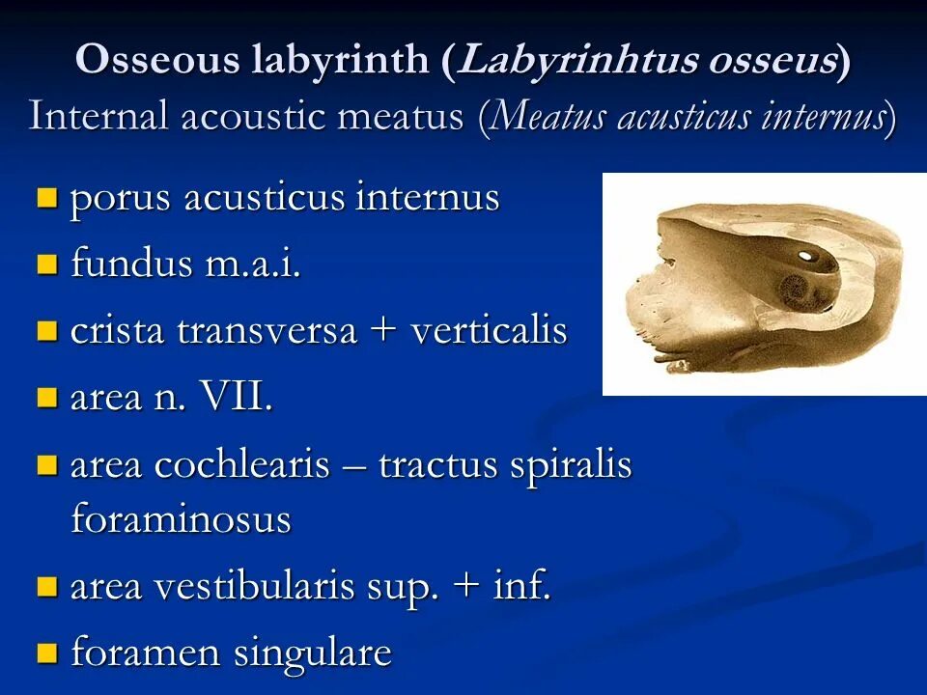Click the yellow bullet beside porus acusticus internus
(46, 199)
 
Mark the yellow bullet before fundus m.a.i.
(46, 264)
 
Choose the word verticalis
(489, 331)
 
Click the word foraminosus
(181, 519)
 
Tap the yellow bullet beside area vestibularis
(46, 586)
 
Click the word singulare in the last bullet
(312, 653)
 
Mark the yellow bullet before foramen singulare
(46, 653)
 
